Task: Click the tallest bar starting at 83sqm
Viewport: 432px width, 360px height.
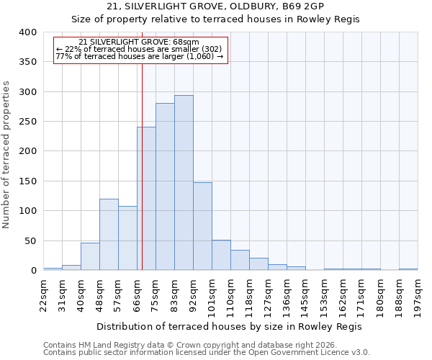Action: tap(184, 183)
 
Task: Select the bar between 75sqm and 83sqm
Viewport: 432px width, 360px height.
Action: tap(165, 186)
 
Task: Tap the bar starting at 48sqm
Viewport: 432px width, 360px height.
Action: tap(109, 235)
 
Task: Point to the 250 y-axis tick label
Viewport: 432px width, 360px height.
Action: tap(27, 122)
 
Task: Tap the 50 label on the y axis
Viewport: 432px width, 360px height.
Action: tap(30, 241)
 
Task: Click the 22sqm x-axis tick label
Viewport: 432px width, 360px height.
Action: tap(43, 293)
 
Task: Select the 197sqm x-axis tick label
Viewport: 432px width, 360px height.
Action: tap(418, 293)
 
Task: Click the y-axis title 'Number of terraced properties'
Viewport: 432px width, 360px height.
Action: tap(6, 155)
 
